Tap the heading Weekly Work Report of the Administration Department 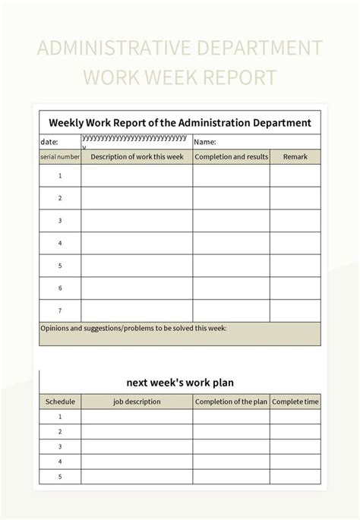(180, 122)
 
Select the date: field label (49, 142)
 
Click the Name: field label (205, 142)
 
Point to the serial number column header (60, 157)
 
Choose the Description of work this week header (137, 157)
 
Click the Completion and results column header (231, 157)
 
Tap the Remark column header (295, 157)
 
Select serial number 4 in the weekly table (60, 244)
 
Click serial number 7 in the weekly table (60, 310)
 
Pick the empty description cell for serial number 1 (137, 176)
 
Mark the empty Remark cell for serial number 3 (295, 221)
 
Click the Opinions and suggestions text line (133, 329)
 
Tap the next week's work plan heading (180, 382)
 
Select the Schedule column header (60, 402)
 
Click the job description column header (137, 402)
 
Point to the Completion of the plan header (231, 402)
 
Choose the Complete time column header (295, 402)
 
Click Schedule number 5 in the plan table (60, 477)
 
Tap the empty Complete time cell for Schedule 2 (295, 431)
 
